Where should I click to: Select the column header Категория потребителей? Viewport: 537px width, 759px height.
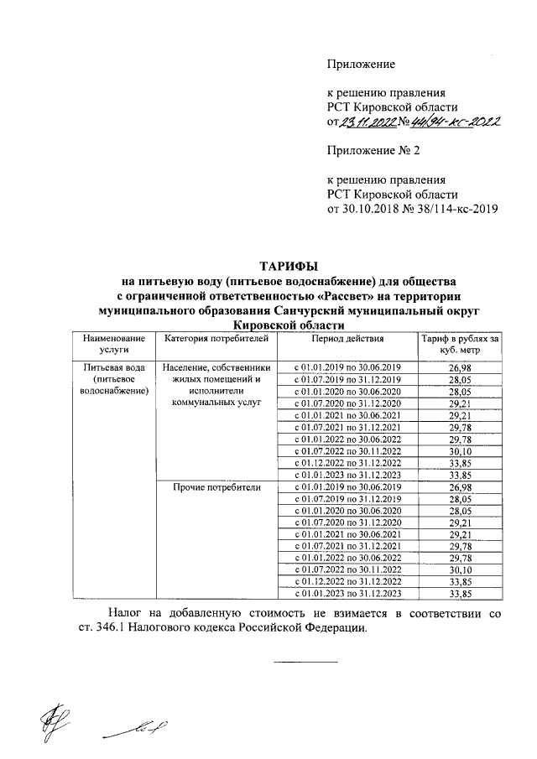216,339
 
